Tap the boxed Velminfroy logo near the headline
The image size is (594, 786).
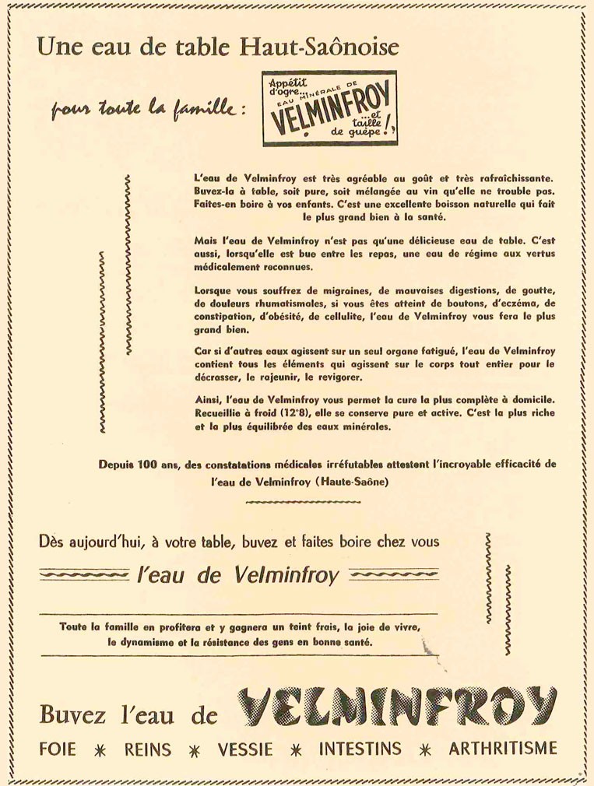click(329, 109)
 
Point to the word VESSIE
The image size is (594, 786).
click(245, 749)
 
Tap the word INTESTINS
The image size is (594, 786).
click(360, 749)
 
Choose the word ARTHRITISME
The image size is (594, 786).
click(503, 749)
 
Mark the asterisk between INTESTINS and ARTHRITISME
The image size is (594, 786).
click(425, 750)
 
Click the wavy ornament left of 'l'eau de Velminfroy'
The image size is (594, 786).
click(83, 576)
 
